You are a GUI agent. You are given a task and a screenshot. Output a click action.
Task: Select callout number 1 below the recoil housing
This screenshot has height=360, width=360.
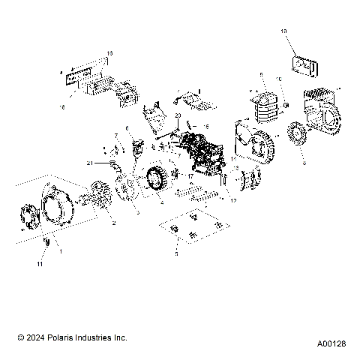[61, 251]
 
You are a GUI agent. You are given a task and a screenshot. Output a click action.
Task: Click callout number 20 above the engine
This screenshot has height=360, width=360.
[178, 115]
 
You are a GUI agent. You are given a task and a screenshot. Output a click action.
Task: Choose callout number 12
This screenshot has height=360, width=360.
[233, 200]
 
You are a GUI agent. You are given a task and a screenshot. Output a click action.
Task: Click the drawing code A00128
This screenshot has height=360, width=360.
[331, 343]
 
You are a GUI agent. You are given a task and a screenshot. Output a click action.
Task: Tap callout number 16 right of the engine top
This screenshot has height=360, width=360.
[208, 127]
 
